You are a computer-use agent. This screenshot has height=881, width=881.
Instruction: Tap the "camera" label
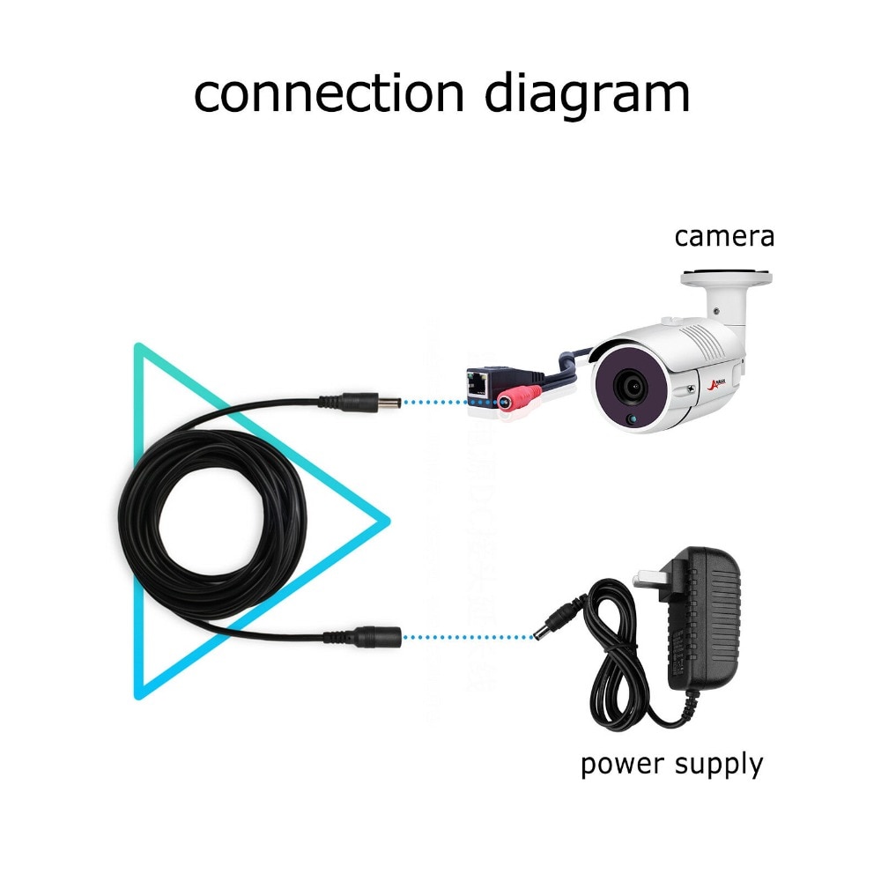click(724, 236)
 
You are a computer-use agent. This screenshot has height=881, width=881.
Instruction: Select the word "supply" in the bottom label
click(718, 766)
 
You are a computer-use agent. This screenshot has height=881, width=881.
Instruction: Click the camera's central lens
click(633, 384)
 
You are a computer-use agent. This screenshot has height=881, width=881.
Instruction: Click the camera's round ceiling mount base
click(728, 278)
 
